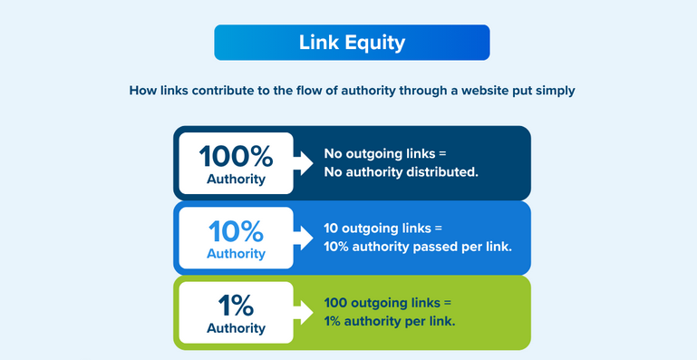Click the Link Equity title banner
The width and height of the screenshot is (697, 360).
pyautogui.click(x=352, y=43)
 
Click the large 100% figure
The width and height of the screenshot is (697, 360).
pyautogui.click(x=236, y=155)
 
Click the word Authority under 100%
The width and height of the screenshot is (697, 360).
pyautogui.click(x=236, y=179)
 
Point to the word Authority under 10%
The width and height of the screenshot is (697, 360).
pyautogui.click(x=236, y=253)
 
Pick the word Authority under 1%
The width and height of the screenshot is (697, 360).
pyautogui.click(x=236, y=327)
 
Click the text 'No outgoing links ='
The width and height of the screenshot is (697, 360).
pyautogui.click(x=386, y=154)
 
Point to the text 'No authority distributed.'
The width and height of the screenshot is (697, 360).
pyautogui.click(x=401, y=171)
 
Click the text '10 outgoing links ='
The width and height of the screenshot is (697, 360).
pyautogui.click(x=386, y=229)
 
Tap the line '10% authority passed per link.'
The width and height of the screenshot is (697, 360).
pyautogui.click(x=418, y=246)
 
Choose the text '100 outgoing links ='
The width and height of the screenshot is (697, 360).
pyautogui.click(x=388, y=303)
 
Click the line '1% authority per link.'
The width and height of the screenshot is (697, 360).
pyautogui.click(x=390, y=320)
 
